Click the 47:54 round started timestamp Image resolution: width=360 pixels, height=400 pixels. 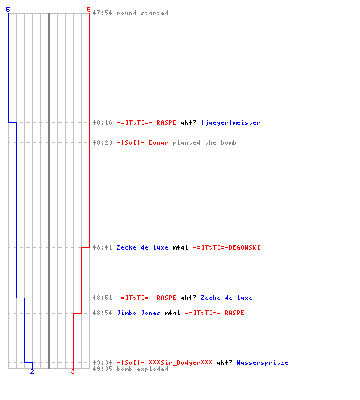102,13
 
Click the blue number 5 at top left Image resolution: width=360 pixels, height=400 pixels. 8,10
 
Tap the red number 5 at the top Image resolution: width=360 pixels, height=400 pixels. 89,10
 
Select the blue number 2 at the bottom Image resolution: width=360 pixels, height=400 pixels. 32,371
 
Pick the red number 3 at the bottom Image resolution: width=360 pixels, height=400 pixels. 73,371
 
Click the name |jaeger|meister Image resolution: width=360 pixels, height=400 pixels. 230,122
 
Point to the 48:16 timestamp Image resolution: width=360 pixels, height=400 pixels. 102,122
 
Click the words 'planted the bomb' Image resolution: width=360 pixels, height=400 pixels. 204,142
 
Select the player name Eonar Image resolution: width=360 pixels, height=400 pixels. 158,142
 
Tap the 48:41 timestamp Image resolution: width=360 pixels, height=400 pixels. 102,247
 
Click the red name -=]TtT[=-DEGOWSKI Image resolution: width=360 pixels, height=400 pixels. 226,247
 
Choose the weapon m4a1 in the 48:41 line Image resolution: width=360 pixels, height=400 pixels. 180,247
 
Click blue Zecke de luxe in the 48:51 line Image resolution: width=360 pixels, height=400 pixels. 226,298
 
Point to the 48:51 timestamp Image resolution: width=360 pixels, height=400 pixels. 102,298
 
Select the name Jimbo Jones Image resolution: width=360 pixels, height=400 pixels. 138,313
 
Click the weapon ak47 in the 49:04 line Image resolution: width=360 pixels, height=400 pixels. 224,362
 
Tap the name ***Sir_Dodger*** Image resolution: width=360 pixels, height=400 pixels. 180,362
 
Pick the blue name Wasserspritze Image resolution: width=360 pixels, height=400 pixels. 262,362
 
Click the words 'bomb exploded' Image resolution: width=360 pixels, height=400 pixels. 142,369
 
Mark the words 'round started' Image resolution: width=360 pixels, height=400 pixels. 142,13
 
